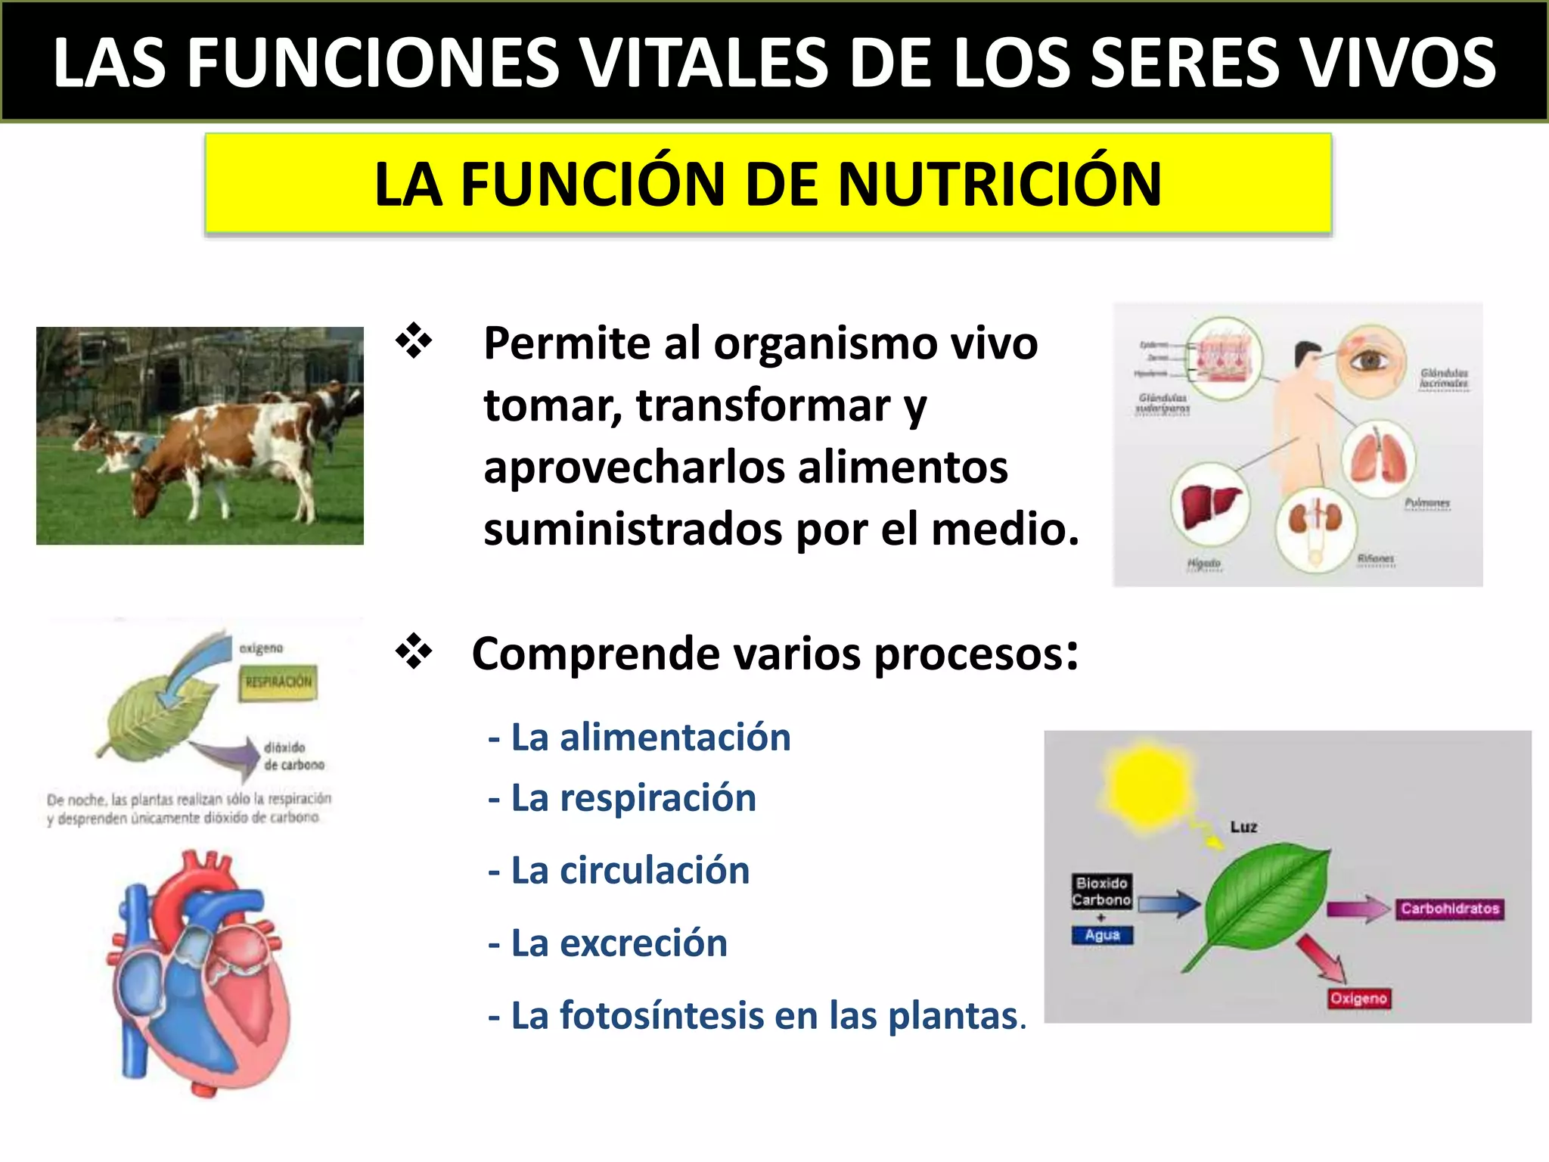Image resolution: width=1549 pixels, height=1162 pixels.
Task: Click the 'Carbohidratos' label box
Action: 1449,909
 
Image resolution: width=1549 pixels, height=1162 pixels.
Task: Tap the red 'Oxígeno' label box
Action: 1358,999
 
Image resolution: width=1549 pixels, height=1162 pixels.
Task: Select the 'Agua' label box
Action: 1102,935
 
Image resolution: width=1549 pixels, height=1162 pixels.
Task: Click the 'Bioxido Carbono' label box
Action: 1101,891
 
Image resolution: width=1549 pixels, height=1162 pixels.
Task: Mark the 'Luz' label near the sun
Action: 1243,827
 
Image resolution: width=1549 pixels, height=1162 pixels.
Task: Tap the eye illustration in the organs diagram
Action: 1370,361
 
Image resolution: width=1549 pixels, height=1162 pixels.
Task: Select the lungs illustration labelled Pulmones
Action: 1378,458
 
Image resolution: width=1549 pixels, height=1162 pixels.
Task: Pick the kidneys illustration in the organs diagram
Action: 1315,522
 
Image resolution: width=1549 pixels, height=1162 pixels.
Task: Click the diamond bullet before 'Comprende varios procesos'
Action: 414,652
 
